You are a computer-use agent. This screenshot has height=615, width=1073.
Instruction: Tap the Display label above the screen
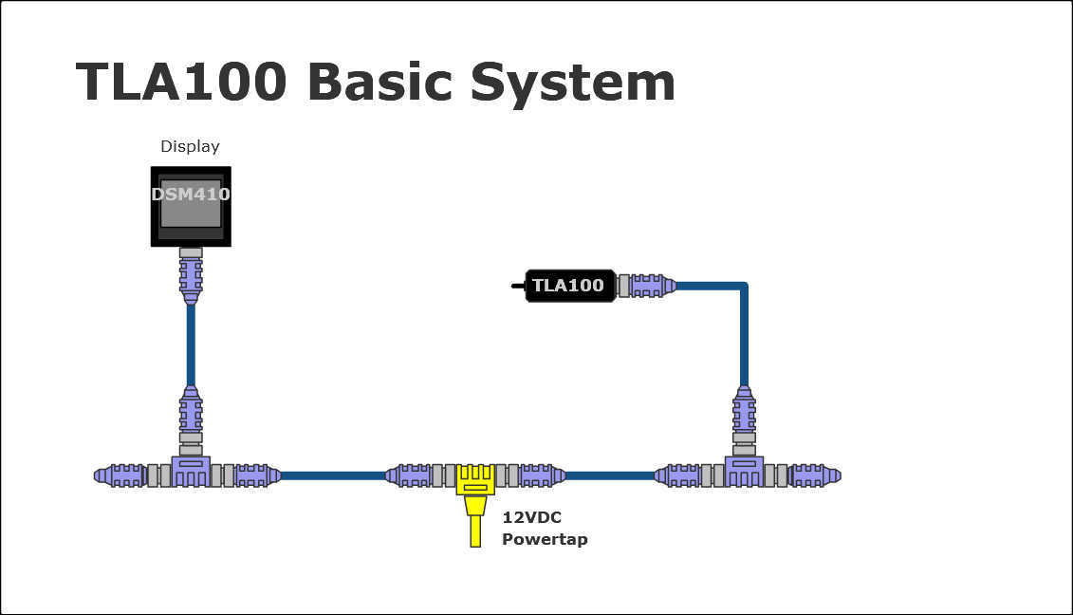(190, 146)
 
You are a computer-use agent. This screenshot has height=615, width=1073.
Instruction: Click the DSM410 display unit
(191, 206)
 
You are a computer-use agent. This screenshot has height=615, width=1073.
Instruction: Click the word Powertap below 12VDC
(545, 539)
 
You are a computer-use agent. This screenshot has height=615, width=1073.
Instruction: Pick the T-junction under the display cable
(191, 471)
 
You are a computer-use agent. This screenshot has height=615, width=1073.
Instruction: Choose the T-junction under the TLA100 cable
(744, 471)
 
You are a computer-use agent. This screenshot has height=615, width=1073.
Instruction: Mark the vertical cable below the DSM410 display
(191, 346)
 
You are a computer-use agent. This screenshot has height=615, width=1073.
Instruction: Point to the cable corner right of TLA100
(743, 286)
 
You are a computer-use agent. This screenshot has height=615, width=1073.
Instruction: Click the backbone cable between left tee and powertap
(332, 475)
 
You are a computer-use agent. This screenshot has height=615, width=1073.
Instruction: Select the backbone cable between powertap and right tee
(609, 475)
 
